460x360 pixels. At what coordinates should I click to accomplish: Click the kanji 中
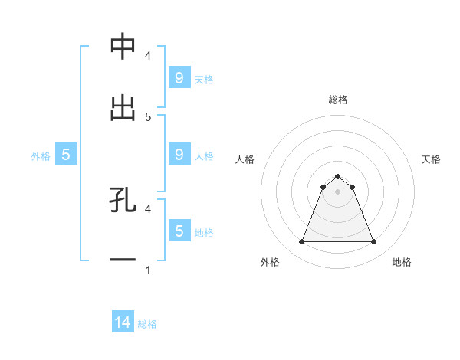(123, 47)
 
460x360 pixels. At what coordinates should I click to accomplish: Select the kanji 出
(123, 108)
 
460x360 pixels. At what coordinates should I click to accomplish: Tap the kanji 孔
(123, 200)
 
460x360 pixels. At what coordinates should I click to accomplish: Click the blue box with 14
(123, 323)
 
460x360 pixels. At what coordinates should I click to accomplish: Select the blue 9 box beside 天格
(179, 77)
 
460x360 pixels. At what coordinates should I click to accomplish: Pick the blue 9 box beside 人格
(179, 154)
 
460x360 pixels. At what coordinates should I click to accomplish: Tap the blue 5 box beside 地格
(179, 231)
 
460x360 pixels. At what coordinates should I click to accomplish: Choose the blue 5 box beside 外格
(66, 155)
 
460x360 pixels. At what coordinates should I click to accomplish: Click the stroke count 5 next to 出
(148, 117)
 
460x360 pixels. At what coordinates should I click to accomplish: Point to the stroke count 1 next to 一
(148, 270)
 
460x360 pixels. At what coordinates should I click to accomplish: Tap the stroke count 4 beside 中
(148, 56)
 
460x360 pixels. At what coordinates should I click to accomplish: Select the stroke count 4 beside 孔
(148, 208)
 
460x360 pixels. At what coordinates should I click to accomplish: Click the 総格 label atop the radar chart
(338, 100)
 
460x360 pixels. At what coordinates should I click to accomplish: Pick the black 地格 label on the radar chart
(402, 262)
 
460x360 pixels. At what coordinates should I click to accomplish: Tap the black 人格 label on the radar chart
(245, 159)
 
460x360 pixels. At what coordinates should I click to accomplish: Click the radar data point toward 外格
(301, 242)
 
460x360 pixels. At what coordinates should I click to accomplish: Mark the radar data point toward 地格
(374, 242)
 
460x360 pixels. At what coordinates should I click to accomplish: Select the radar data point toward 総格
(338, 176)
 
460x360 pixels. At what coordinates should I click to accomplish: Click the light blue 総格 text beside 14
(147, 324)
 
